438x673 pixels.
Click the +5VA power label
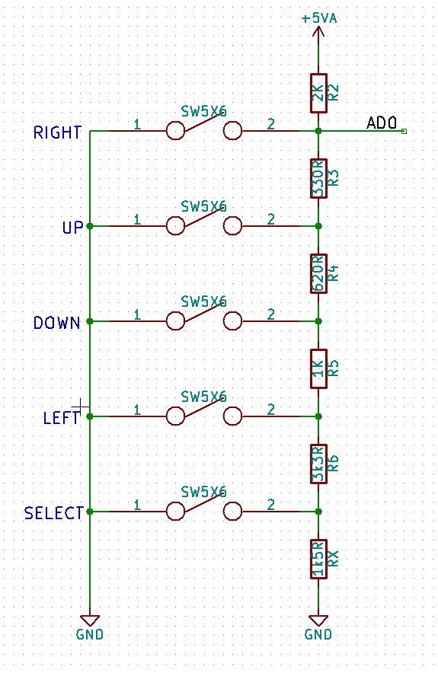pyautogui.click(x=318, y=18)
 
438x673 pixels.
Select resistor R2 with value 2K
pyautogui.click(x=318, y=93)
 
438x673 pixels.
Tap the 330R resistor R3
pyautogui.click(x=318, y=178)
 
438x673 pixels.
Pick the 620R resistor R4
pyautogui.click(x=318, y=273)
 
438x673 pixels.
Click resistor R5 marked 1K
pyautogui.click(x=318, y=368)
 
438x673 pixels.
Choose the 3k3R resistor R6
pyautogui.click(x=318, y=464)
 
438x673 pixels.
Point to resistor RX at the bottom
pyautogui.click(x=318, y=559)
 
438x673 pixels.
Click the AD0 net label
pyautogui.click(x=382, y=123)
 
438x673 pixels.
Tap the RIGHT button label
pyautogui.click(x=57, y=132)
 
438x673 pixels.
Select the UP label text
pyautogui.click(x=72, y=228)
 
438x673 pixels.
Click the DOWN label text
pyautogui.click(x=57, y=323)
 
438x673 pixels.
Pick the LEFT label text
pyautogui.click(x=62, y=418)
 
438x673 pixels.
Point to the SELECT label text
pyautogui.click(x=53, y=513)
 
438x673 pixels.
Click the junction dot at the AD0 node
pyautogui.click(x=318, y=131)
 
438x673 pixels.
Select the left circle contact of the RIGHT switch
pyautogui.click(x=175, y=131)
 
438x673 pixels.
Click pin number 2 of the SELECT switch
pyautogui.click(x=270, y=504)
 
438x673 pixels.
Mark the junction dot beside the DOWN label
pyautogui.click(x=90, y=321)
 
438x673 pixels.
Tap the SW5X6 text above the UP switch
pyautogui.click(x=203, y=206)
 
